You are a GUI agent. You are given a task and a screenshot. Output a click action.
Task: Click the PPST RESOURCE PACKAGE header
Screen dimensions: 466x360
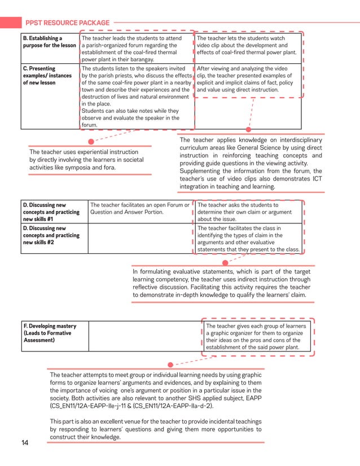tap(67, 23)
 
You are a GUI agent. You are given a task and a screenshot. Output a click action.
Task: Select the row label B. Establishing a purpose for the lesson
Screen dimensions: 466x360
tap(49, 42)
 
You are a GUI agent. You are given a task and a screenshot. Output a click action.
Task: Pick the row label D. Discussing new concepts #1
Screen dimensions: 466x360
tap(49, 212)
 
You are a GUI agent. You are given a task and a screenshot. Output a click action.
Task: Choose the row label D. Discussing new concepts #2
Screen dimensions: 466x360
tap(49, 235)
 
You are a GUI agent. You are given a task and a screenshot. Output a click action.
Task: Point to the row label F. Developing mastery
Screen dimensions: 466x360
tap(49, 333)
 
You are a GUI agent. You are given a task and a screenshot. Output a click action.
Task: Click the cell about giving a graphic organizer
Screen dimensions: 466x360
tap(257, 337)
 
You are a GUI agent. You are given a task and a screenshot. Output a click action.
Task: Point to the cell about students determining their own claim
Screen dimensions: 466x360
tap(248, 212)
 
